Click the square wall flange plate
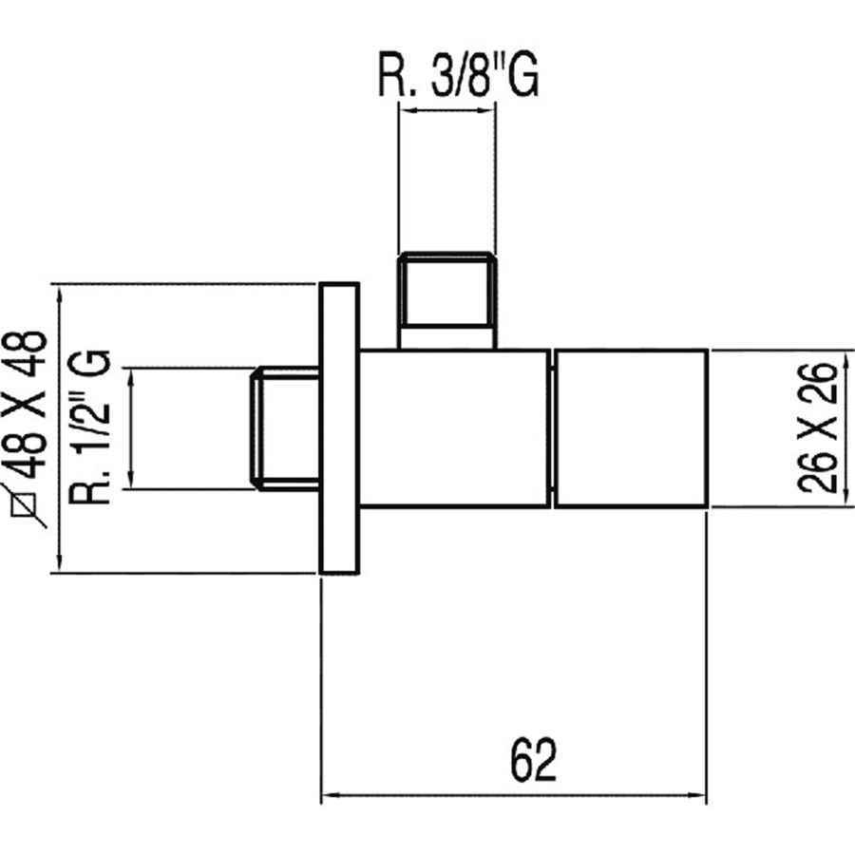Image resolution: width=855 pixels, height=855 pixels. tap(339, 427)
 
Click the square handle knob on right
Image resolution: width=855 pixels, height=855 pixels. tap(630, 427)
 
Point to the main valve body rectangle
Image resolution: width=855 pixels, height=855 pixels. tap(454, 427)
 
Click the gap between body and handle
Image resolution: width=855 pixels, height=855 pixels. tap(552, 427)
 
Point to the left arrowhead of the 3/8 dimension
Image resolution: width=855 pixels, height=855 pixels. tap(404, 111)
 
